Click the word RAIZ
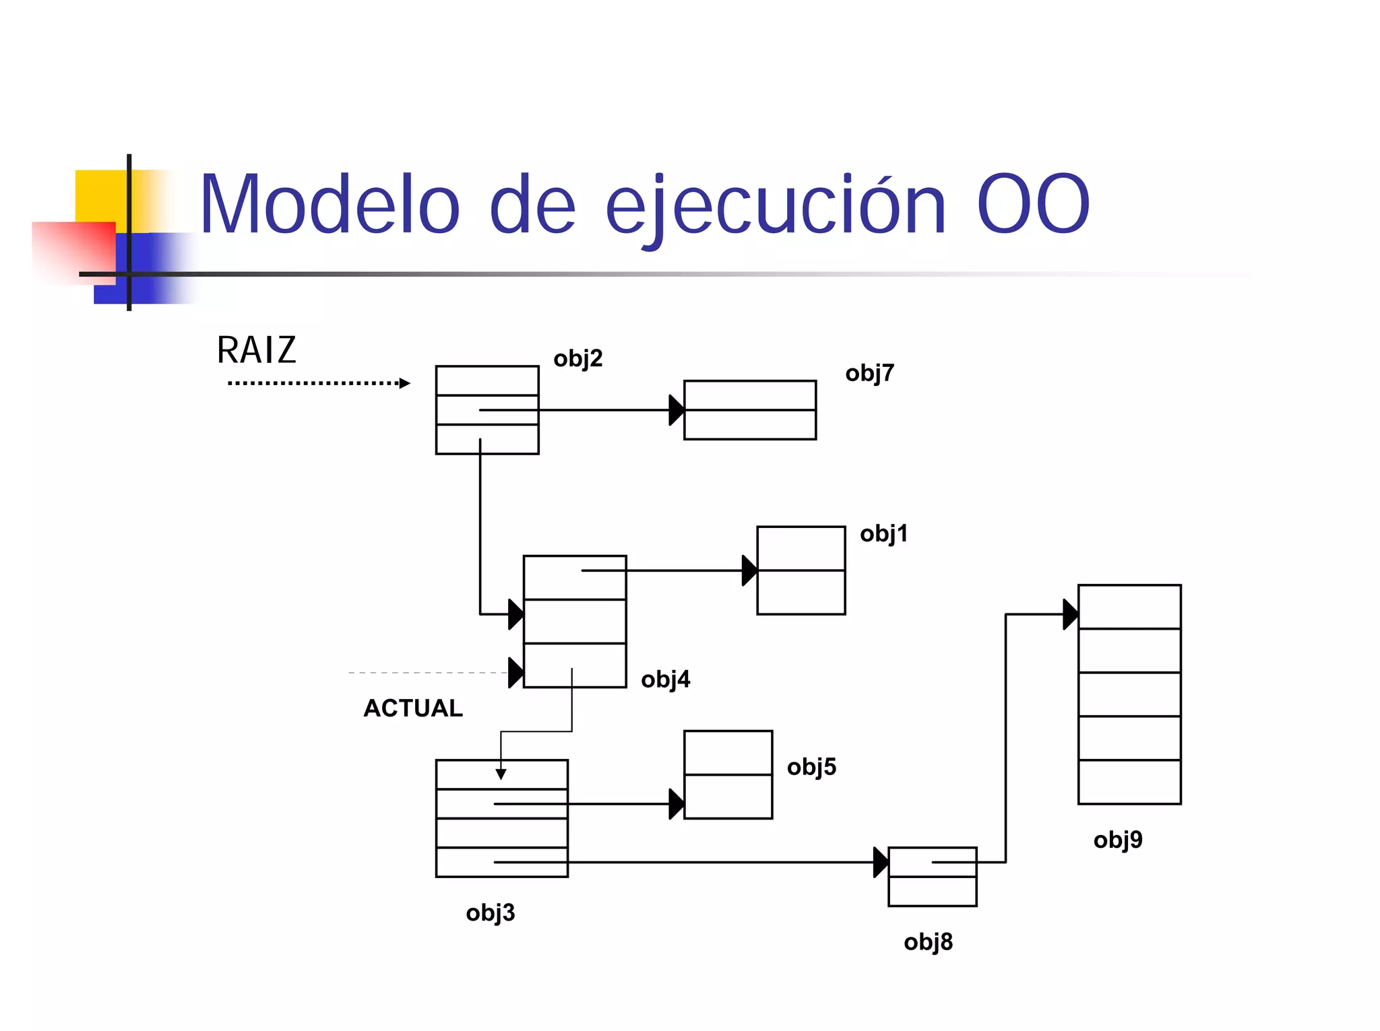point(256,350)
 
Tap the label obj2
point(577,358)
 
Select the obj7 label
point(869,373)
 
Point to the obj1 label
point(883,533)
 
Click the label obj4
point(665,679)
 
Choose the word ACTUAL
point(413,708)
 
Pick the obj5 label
point(811,766)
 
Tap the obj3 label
point(490,912)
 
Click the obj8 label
point(928,941)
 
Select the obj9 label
point(1118,840)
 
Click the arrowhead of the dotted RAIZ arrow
point(404,383)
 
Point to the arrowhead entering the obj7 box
point(676,410)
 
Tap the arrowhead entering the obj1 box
point(749,570)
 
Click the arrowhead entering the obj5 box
point(676,804)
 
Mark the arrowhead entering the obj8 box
point(880,862)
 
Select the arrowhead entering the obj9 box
point(1070,614)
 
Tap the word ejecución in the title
point(776,205)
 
